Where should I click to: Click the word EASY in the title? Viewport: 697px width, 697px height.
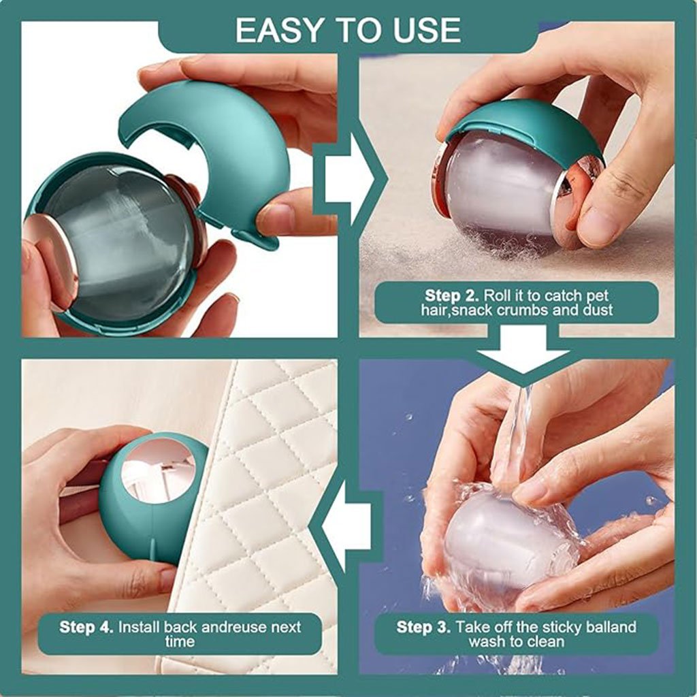(x=278, y=30)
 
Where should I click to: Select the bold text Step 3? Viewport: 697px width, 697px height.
(x=423, y=627)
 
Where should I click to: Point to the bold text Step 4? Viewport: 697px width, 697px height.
(x=86, y=627)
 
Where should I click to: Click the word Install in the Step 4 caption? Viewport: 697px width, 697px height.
(x=139, y=627)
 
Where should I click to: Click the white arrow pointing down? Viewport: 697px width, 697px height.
(x=523, y=349)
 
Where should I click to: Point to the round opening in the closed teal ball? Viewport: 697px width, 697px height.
(x=159, y=470)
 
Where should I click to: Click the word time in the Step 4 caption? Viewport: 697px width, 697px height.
(x=180, y=641)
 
